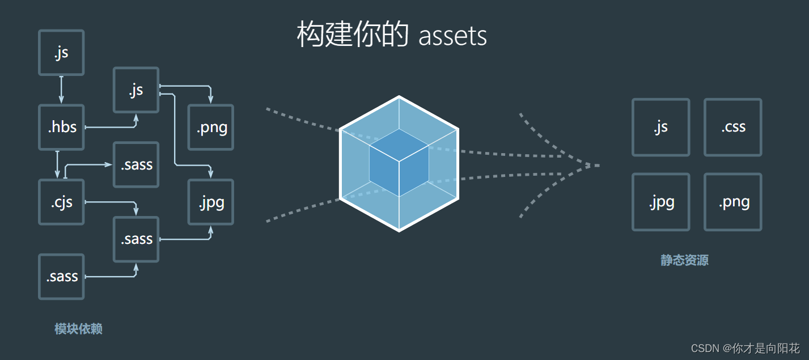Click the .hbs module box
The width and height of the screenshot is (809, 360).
61,127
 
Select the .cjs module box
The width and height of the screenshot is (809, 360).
61,202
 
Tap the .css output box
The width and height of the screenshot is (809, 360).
733,127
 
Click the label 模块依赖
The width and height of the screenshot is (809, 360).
78,329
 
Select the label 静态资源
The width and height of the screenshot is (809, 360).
684,260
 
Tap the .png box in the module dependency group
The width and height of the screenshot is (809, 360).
211,127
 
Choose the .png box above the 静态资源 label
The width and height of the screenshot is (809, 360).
733,202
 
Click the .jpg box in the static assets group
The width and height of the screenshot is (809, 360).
661,202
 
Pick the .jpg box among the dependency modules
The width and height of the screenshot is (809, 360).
211,202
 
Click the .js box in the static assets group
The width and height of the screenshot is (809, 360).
661,127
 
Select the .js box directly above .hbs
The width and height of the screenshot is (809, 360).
61,53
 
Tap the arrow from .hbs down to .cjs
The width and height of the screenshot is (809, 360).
57,164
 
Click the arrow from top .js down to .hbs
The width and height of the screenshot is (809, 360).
61,90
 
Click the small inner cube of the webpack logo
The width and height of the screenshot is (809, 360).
399,162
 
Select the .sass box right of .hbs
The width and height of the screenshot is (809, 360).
136,164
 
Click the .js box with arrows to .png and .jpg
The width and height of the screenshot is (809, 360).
136,90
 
